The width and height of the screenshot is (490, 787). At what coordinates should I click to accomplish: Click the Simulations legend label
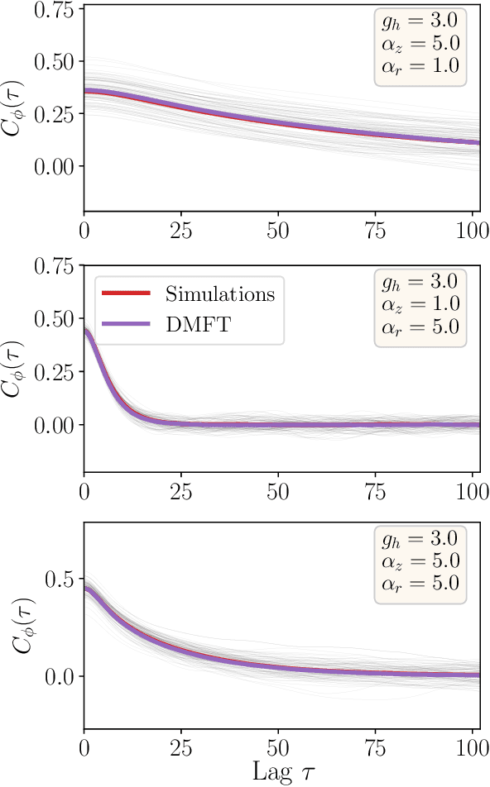(219, 295)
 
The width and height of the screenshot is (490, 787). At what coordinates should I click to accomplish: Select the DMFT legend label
(200, 325)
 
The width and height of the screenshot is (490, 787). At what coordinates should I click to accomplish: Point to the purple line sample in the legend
(126, 325)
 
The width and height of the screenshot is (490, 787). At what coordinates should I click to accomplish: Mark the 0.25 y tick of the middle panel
(54, 372)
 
